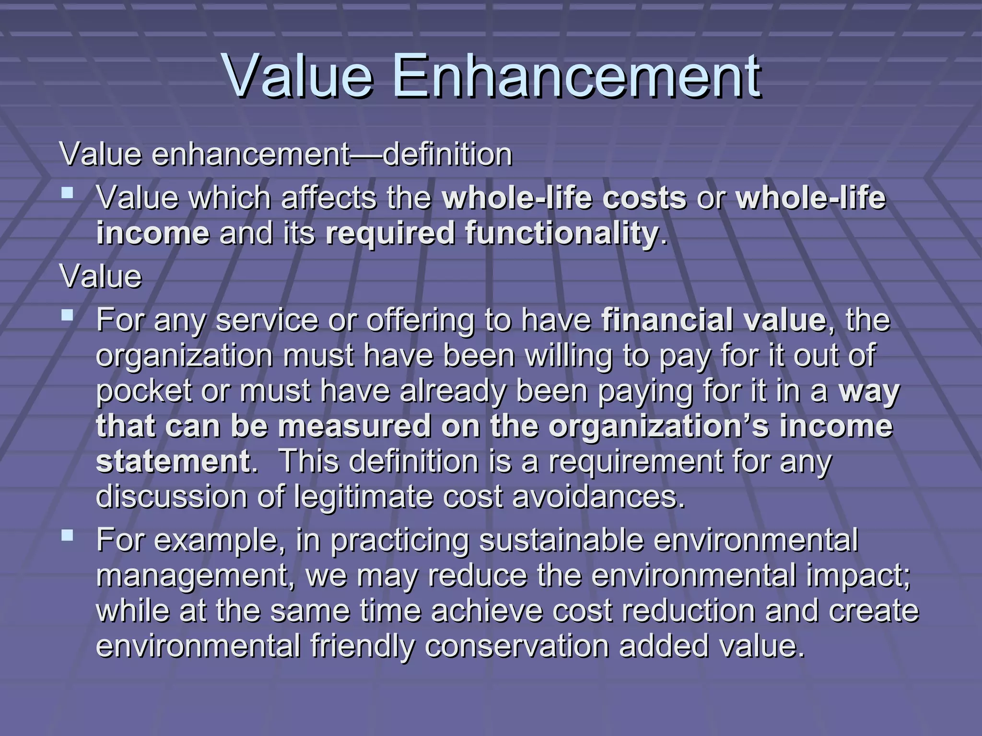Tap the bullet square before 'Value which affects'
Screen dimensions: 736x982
pos(68,194)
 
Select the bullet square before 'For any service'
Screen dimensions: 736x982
pos(68,315)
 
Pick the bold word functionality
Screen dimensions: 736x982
pos(491,233)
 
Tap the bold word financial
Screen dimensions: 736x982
pos(666,320)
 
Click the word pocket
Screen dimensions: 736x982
pos(144,391)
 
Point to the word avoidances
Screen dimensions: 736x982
pos(599,497)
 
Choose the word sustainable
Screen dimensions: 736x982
pos(561,540)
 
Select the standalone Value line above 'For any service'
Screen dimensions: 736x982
pos(101,276)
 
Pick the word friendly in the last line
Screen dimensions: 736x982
pos(362,645)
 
